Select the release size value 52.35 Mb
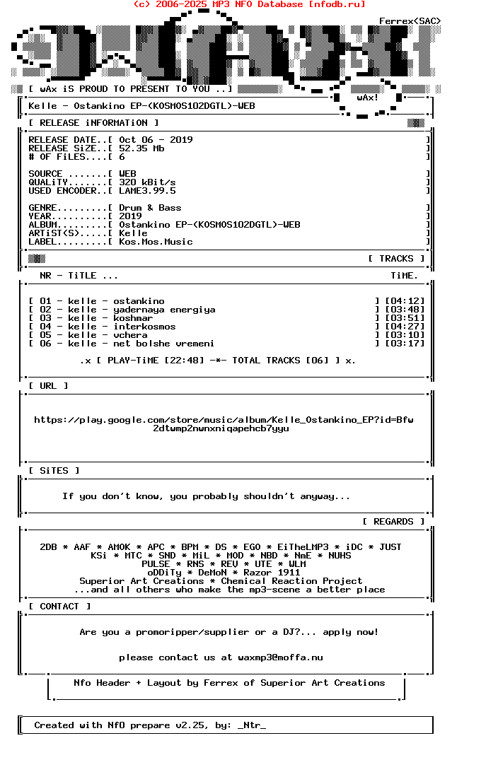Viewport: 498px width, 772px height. coord(141,148)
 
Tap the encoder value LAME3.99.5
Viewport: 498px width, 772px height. coord(147,191)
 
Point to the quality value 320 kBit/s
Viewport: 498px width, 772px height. coord(147,182)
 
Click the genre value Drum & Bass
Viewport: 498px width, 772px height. coord(150,208)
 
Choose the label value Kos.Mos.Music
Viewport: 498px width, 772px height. coord(156,242)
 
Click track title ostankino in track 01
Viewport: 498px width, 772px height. coord(139,301)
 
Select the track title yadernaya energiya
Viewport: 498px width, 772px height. coord(164,310)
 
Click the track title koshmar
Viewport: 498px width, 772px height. coord(133,318)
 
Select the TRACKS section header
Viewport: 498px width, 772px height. coord(396,259)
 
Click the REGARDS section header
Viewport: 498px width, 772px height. coord(393,522)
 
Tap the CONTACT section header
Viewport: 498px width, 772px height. coord(59,607)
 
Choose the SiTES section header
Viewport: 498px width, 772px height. coord(54,471)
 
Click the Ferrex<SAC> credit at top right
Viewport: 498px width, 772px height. coord(410,21)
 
